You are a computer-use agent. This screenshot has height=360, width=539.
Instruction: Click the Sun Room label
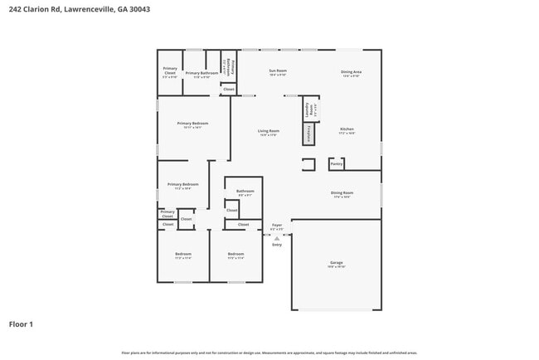coord(276,71)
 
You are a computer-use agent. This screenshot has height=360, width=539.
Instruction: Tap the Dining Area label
coord(351,72)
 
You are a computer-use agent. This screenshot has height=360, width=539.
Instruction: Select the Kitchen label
coord(347,129)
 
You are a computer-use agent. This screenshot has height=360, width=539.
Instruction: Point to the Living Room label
coord(268,131)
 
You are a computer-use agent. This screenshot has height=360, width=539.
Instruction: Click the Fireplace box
coord(308,133)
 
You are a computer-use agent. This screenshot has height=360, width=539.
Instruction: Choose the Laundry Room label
coord(308,109)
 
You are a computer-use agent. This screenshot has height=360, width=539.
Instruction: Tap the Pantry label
coord(336,164)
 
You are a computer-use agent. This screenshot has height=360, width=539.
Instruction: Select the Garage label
coord(336,263)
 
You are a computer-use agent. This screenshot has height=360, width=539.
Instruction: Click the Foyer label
coord(277,225)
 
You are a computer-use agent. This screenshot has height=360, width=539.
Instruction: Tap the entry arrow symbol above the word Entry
coord(277,238)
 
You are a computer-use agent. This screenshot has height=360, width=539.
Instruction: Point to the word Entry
coord(277,245)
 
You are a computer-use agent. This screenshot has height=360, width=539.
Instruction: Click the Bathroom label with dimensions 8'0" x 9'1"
coord(245,192)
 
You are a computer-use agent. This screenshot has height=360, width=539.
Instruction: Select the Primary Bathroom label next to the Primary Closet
coord(202,73)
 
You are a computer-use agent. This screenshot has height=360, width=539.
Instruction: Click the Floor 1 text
coord(21,324)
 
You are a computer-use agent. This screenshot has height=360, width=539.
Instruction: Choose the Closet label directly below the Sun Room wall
coord(229,89)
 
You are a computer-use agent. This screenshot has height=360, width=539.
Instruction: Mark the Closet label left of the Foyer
coord(243,225)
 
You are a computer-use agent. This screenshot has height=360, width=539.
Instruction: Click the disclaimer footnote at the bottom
coord(269,353)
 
